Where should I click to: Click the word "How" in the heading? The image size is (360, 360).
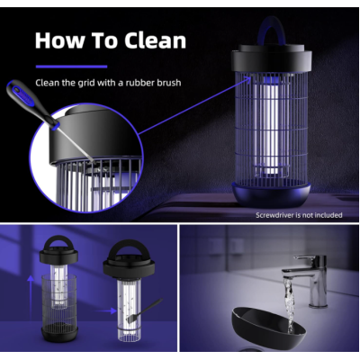pos(60,40)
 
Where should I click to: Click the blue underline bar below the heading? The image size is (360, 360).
pos(71,66)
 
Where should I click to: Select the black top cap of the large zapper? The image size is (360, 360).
pos(274,60)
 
